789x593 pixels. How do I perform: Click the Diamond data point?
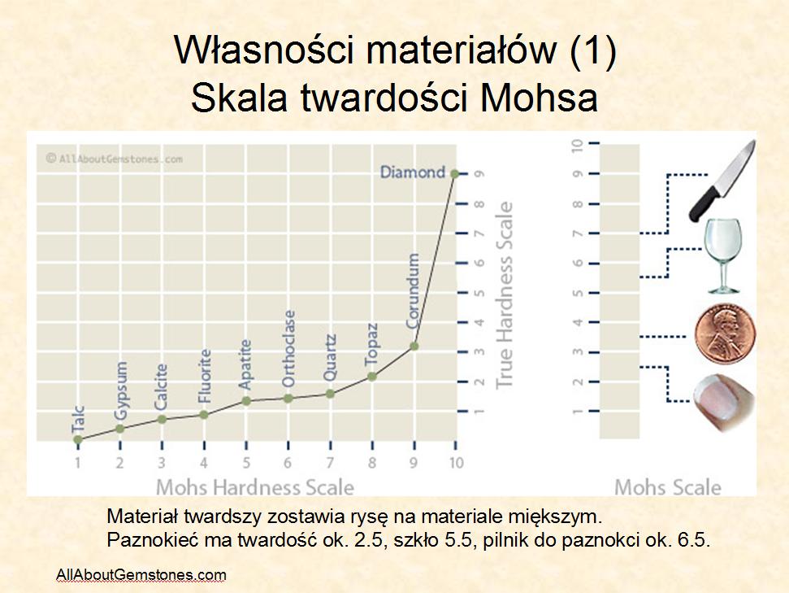tap(454, 174)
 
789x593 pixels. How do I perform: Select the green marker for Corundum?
tap(414, 347)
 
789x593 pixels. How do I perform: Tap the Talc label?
tap(78, 420)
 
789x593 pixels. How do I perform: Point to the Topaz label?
tap(371, 345)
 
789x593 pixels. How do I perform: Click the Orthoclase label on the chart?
tap(288, 349)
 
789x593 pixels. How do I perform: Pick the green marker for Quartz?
tap(330, 394)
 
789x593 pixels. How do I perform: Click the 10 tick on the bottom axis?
tap(456, 463)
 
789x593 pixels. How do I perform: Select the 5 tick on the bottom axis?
tap(246, 463)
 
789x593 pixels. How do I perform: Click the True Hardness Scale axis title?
tap(504, 295)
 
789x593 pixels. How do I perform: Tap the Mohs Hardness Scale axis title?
tap(255, 487)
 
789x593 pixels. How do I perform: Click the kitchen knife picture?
tap(722, 181)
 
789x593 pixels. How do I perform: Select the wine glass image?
tap(723, 256)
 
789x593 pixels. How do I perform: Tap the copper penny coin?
tap(725, 334)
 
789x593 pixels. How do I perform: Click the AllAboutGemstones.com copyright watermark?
tap(115, 159)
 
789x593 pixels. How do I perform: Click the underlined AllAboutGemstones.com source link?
tap(141, 575)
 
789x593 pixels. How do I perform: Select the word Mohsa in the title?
tap(539, 98)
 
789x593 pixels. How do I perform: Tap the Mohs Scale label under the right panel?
tap(668, 487)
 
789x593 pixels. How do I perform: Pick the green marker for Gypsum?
tap(119, 429)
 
